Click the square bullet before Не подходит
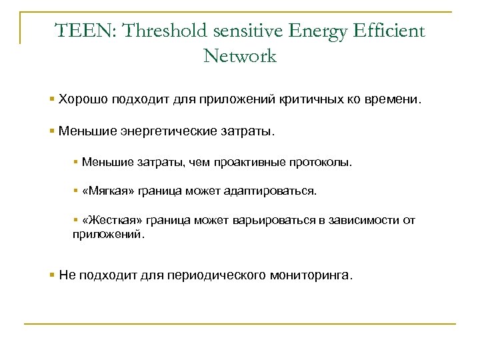tap(53, 274)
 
